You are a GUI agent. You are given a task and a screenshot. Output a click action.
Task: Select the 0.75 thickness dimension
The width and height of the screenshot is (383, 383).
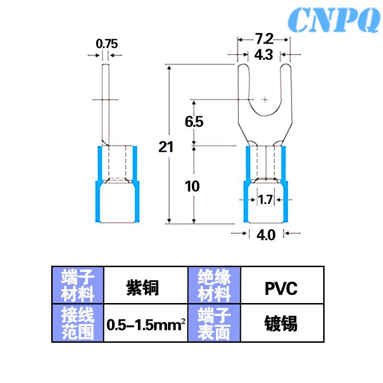click(x=106, y=44)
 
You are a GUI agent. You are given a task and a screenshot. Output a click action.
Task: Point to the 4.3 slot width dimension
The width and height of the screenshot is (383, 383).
click(x=263, y=55)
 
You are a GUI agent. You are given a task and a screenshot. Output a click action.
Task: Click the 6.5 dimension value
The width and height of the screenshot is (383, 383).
click(x=194, y=122)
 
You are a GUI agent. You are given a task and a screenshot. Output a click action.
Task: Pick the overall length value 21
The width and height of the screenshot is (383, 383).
click(x=166, y=147)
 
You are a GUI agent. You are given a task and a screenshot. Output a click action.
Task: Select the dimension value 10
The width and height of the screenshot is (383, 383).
click(x=192, y=186)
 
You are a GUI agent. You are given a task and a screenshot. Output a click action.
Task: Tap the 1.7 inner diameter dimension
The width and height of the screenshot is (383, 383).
click(x=265, y=199)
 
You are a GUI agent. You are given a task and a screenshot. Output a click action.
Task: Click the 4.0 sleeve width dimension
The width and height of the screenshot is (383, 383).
click(x=266, y=236)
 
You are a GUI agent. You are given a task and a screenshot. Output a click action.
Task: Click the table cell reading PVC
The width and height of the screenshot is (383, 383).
click(x=281, y=289)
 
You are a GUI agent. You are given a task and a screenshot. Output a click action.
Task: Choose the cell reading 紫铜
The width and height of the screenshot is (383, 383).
click(x=142, y=288)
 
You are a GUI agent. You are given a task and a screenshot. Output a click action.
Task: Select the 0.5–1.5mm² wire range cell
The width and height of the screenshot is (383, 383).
click(x=146, y=325)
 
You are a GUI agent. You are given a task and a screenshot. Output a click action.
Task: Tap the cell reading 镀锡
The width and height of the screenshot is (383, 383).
click(x=281, y=324)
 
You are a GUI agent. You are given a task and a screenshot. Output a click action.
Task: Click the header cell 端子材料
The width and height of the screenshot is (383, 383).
click(x=78, y=285)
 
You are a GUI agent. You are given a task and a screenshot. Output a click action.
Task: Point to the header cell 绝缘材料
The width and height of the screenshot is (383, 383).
click(x=214, y=285)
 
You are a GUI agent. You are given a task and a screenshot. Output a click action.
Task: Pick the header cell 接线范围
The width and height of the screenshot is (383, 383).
click(x=78, y=323)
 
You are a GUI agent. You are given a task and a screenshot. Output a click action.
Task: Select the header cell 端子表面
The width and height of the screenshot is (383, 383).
click(x=214, y=323)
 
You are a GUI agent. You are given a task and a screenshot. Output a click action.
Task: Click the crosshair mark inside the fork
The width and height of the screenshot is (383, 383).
click(x=265, y=100)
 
